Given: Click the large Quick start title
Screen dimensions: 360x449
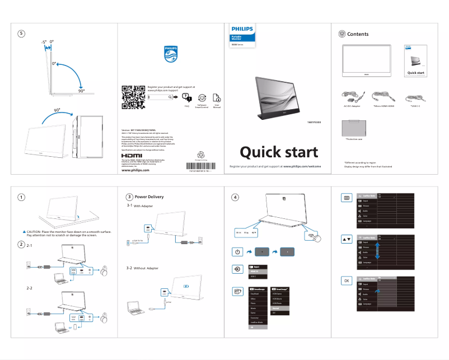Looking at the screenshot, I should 279,152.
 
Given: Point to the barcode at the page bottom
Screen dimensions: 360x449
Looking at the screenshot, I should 200,166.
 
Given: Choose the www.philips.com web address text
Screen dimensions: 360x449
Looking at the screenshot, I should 135,170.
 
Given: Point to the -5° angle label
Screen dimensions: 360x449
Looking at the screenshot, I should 44,42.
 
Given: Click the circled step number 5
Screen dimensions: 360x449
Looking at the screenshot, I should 21,34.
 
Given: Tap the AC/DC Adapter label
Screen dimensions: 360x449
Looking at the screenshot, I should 351,105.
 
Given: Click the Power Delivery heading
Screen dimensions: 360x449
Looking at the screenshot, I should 149,197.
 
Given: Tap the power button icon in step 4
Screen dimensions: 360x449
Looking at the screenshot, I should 237,252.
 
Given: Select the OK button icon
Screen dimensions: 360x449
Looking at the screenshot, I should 347,280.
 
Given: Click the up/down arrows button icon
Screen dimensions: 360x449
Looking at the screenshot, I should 347,239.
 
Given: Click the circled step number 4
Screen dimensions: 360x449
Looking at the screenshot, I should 236,197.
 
